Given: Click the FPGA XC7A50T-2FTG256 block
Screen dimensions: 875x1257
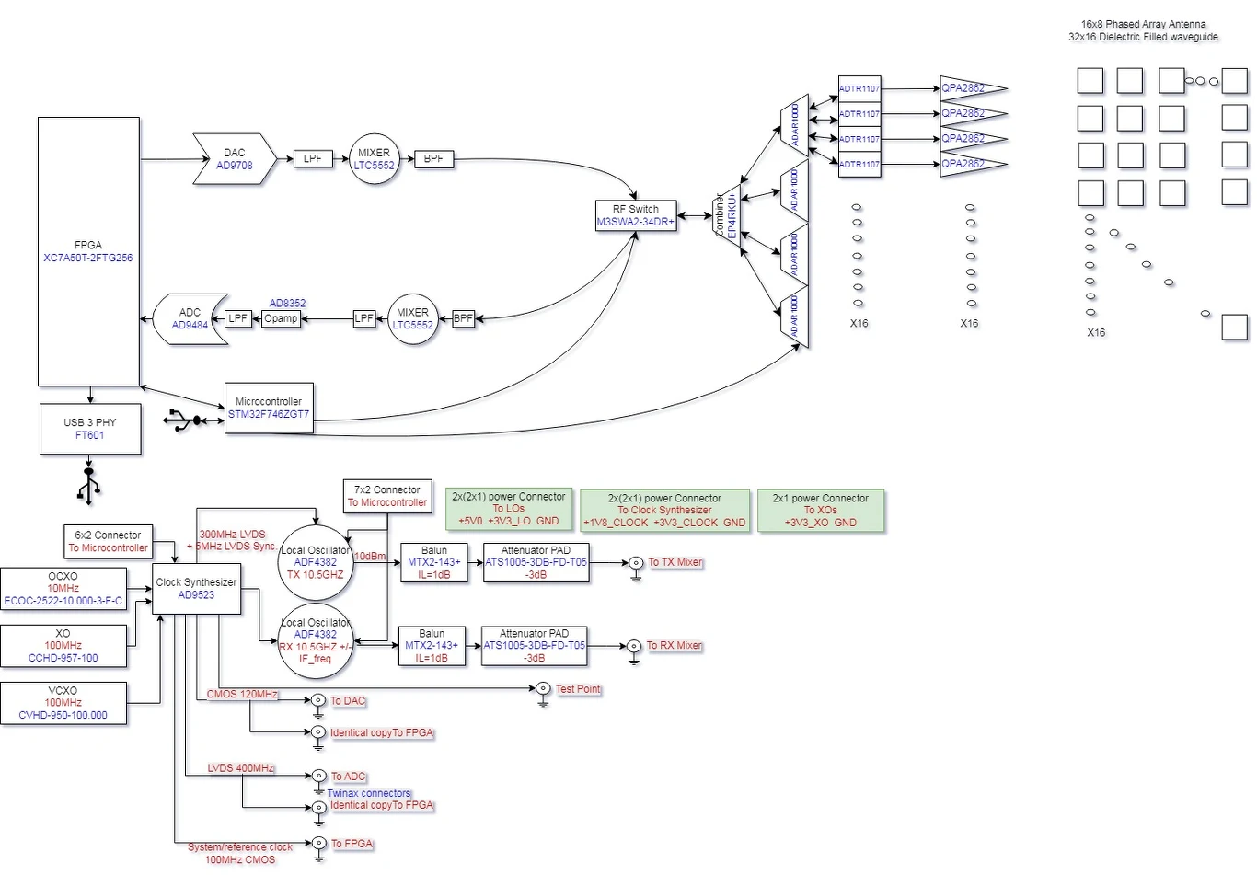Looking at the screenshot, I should (x=88, y=251).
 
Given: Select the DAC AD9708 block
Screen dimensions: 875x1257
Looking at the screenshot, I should (x=235, y=159).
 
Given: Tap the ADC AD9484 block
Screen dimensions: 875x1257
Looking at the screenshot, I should (x=190, y=319).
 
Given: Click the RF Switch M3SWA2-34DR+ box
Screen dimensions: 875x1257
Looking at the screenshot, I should (x=636, y=215).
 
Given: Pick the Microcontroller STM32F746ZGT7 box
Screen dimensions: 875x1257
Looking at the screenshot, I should (x=269, y=409).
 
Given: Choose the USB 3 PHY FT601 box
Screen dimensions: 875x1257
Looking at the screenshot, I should (x=90, y=429).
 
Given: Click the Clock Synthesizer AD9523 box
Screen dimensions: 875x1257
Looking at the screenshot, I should (x=196, y=589).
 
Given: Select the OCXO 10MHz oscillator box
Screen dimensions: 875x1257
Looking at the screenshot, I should (x=63, y=589).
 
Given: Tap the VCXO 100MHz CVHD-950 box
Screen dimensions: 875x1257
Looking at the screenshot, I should (x=63, y=703).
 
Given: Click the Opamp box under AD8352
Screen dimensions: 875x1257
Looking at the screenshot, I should (x=281, y=318).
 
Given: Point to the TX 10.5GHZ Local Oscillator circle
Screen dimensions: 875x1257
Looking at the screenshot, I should (x=316, y=562).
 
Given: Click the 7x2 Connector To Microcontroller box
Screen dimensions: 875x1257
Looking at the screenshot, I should (x=386, y=496).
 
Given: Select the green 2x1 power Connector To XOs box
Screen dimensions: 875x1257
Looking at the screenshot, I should (x=820, y=511).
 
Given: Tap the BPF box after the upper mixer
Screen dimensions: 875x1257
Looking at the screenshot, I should (x=433, y=159).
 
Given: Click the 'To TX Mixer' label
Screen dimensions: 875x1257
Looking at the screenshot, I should (x=675, y=562).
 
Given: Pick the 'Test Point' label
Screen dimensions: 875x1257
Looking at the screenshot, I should (x=578, y=689).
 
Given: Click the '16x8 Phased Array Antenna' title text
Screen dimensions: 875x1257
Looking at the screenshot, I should (x=1143, y=24).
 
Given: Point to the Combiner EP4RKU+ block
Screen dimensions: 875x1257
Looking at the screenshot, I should (x=728, y=215).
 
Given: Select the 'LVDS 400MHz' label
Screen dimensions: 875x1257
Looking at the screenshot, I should (x=240, y=768).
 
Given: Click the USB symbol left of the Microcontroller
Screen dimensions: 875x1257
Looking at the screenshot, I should (x=187, y=420).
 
